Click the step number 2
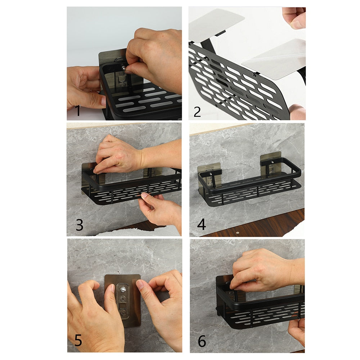(x=197, y=111)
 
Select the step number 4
(x=202, y=225)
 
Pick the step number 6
(x=202, y=341)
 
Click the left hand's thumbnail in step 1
(x=103, y=102)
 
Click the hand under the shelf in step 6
(x=297, y=329)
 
